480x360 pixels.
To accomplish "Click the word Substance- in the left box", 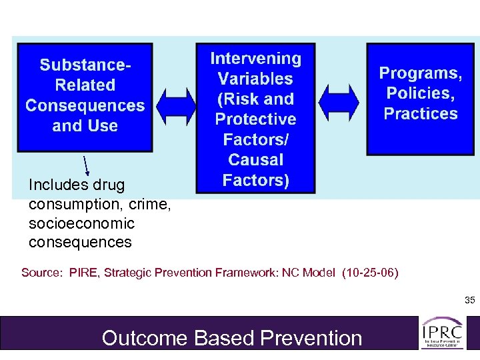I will [85, 65].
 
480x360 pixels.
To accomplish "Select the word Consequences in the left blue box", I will [85, 106].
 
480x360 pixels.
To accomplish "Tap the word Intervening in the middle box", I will [255, 59].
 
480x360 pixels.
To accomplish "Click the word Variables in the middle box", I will [255, 79].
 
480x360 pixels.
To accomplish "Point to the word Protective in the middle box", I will [255, 119].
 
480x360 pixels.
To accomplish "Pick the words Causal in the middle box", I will [255, 160].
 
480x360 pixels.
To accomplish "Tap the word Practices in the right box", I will [421, 113].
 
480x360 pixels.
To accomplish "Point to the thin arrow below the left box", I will [87, 167].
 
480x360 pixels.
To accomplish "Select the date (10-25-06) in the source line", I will [369, 272].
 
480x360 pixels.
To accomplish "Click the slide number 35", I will [469, 301].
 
